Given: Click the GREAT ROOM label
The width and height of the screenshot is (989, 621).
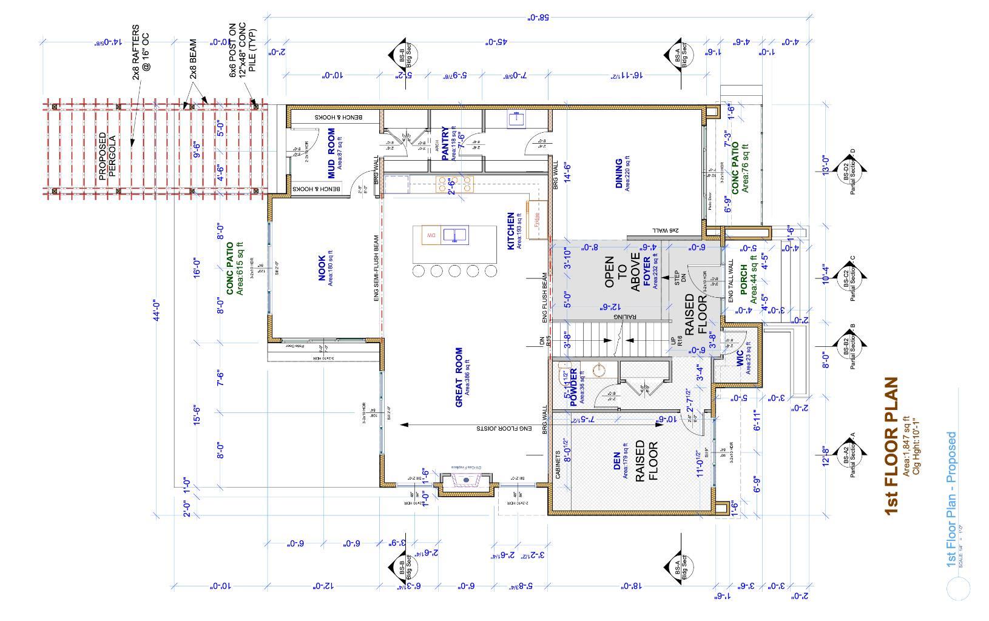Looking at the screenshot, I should [x=459, y=377].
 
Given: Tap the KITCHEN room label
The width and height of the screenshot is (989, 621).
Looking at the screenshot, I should [x=511, y=230].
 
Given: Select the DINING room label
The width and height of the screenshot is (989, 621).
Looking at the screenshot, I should [x=619, y=174].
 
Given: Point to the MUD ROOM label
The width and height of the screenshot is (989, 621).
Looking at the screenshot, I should [x=332, y=153].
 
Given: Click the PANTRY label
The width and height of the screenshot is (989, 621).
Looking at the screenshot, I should [x=446, y=144].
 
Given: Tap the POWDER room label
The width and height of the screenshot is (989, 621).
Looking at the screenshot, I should [x=573, y=386].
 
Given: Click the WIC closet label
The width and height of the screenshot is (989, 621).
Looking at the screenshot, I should [x=740, y=358].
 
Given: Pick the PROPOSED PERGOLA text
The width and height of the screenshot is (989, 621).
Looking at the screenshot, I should [x=107, y=155].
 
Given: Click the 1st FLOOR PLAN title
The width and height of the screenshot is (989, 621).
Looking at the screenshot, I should [x=890, y=446].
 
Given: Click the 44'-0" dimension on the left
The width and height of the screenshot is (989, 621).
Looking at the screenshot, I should [x=156, y=310].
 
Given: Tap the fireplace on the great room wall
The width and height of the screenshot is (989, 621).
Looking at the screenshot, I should [x=466, y=482].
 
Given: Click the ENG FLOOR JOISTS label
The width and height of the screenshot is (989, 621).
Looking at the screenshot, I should [x=504, y=428].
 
